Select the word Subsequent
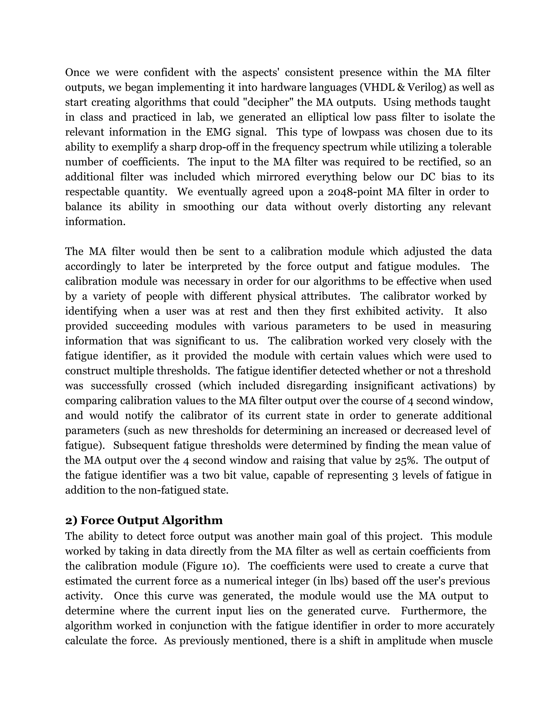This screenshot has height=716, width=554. (x=140, y=446)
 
